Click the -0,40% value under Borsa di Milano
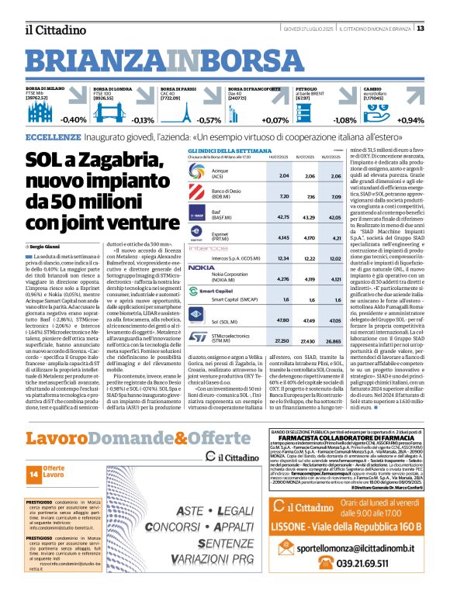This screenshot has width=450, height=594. coord(74,120)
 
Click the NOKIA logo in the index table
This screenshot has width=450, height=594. coord(201,268)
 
